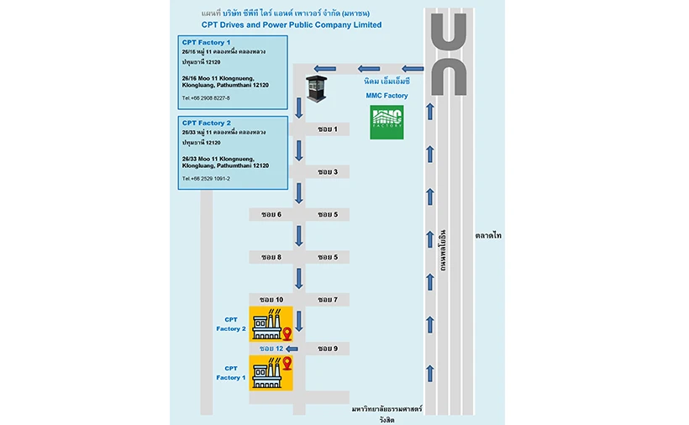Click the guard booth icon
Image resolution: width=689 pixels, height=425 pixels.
click(x=315, y=87)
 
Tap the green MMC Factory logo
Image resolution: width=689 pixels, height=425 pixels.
click(x=387, y=123)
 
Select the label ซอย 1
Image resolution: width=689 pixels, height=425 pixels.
click(x=327, y=129)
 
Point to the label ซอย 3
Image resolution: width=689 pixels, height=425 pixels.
click(x=327, y=171)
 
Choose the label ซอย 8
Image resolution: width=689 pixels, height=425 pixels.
click(x=271, y=256)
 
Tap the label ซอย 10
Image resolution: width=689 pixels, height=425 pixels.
click(x=271, y=299)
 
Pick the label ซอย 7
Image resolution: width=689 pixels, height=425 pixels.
click(x=327, y=299)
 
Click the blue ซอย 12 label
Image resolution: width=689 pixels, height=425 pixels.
click(x=271, y=348)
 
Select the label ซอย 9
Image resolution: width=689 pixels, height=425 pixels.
click(x=327, y=348)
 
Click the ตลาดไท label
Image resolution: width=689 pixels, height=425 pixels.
click(x=487, y=236)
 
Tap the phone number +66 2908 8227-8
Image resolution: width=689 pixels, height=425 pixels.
click(x=206, y=98)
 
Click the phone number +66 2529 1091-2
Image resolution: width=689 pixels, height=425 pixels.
click(x=206, y=178)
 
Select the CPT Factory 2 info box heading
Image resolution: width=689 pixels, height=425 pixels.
click(x=206, y=123)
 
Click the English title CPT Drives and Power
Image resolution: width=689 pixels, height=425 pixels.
click(x=291, y=25)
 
